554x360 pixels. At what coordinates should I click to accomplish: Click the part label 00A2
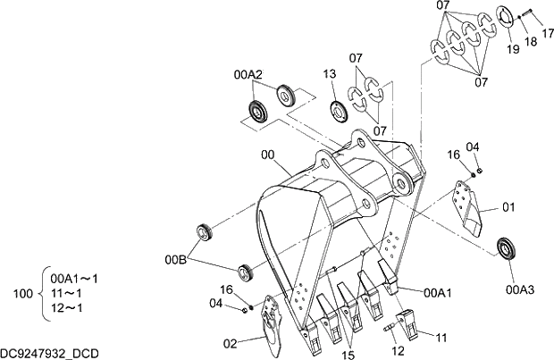(x=248, y=73)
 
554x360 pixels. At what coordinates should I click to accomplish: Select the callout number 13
(x=330, y=74)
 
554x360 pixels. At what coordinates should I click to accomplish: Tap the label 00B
(x=175, y=260)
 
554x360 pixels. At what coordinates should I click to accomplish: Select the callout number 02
(x=230, y=342)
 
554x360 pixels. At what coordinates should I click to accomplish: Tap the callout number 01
(x=509, y=207)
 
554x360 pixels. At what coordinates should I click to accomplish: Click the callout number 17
(x=547, y=34)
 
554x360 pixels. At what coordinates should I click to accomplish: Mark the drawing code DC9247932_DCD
(x=49, y=354)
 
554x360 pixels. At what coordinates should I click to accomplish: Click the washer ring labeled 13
(x=340, y=112)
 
